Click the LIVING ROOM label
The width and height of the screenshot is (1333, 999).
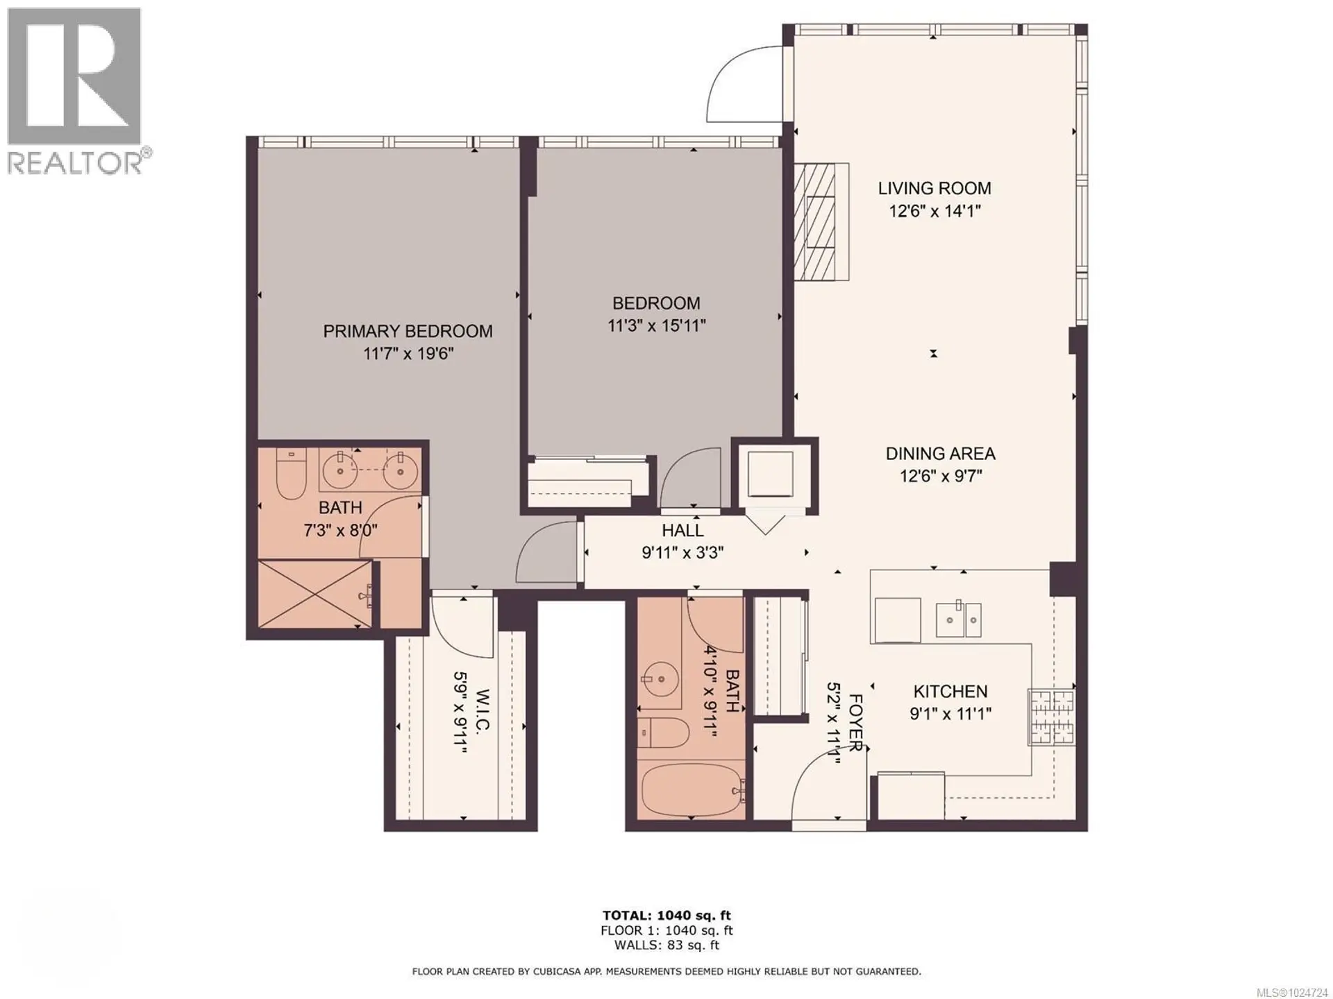click(934, 188)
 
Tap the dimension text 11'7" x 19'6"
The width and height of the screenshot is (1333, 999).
click(408, 354)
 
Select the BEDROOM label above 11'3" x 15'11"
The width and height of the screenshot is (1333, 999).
click(655, 303)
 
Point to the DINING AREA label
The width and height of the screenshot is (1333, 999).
click(940, 454)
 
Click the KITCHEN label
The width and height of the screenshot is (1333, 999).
click(950, 691)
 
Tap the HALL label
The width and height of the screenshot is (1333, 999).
click(682, 531)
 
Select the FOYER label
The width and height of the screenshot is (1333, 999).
click(855, 723)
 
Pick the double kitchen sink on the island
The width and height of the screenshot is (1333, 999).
click(958, 620)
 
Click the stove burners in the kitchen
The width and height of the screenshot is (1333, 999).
click(1052, 717)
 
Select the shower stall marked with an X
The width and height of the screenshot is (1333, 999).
click(315, 594)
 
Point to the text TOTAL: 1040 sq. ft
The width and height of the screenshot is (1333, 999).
click(666, 916)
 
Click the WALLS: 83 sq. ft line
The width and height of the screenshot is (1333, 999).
click(666, 945)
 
